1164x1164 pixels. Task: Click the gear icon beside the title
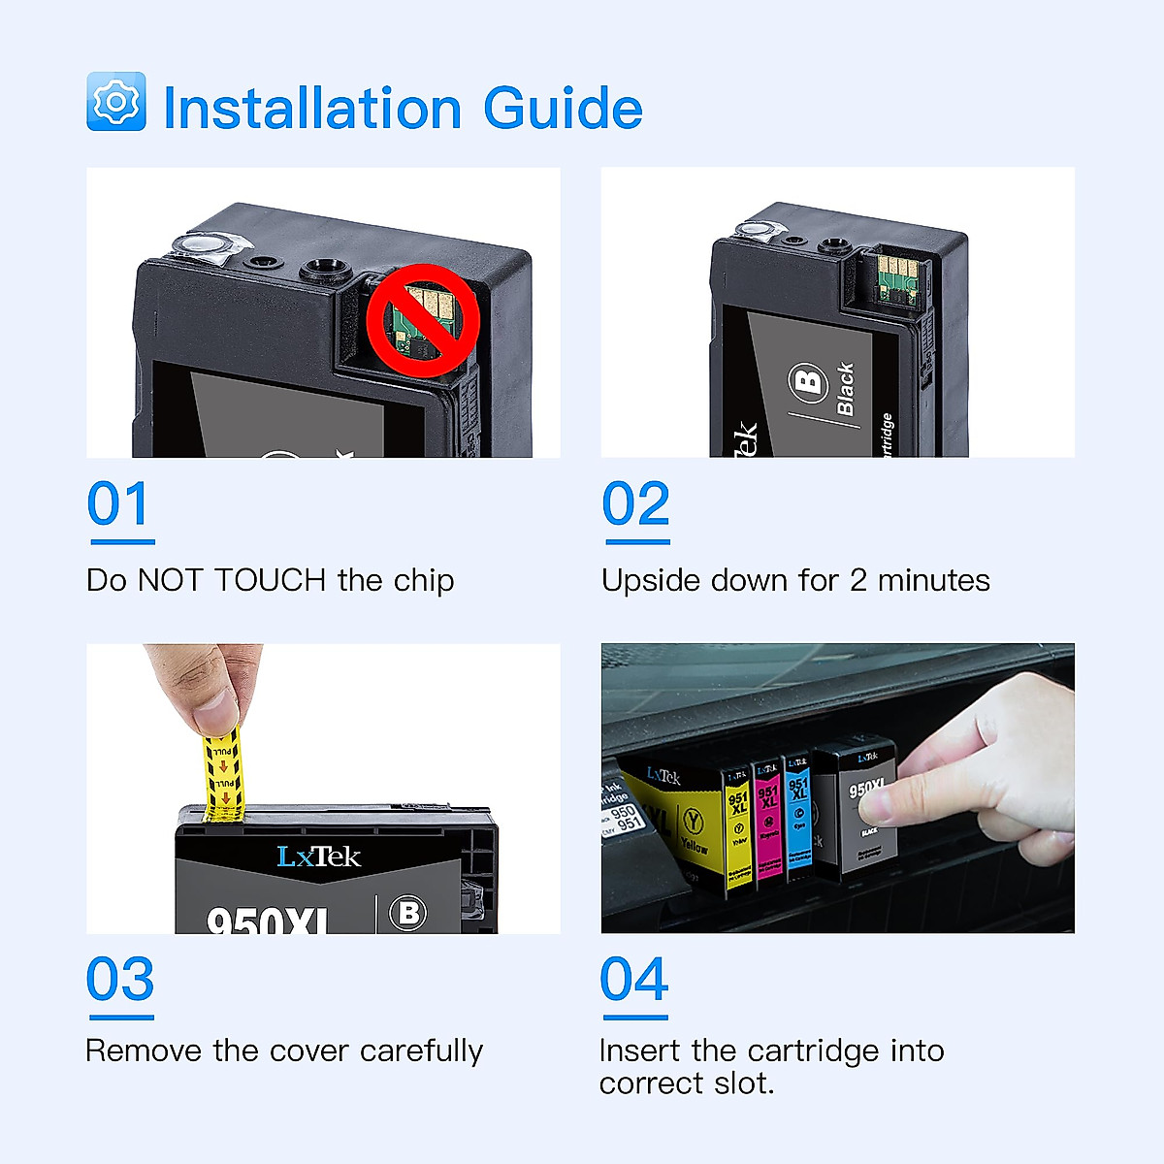click(x=116, y=102)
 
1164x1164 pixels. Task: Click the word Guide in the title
click(x=563, y=108)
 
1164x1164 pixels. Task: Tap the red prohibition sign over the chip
click(x=423, y=320)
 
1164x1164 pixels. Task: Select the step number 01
click(x=119, y=505)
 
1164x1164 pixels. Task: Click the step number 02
click(x=635, y=505)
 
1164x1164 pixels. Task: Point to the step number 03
click(x=120, y=980)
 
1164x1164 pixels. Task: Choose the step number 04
click(x=634, y=980)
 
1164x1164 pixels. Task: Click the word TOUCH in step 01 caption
click(x=270, y=580)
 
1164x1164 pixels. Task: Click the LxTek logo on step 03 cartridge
click(x=318, y=857)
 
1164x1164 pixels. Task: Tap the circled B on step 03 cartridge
click(x=408, y=913)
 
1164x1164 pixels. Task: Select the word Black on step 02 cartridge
click(x=845, y=389)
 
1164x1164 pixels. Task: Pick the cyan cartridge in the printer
click(x=798, y=815)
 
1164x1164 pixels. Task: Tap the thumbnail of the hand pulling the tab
click(x=323, y=789)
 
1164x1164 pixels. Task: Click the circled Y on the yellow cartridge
click(x=693, y=821)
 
